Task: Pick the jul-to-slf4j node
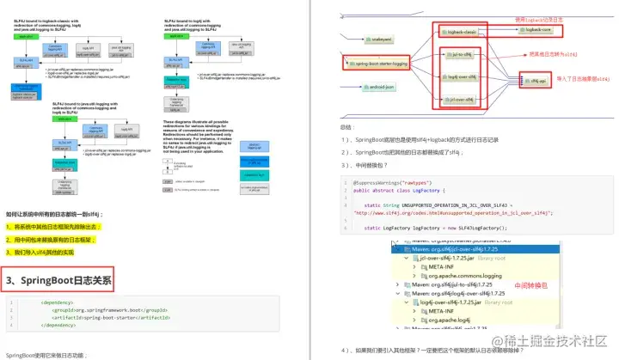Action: [463, 54]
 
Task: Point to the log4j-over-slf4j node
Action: [463, 77]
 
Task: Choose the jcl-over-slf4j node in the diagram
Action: [463, 100]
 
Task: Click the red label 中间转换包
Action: [530, 284]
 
